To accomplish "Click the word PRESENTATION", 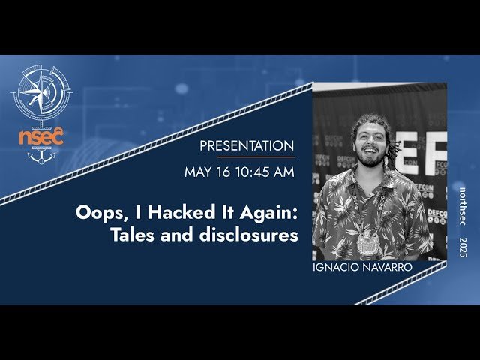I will [246, 145].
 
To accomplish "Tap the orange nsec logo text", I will [42, 136].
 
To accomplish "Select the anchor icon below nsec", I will [42, 156].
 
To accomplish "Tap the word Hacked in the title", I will [169, 212].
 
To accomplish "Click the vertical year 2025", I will [463, 249].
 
